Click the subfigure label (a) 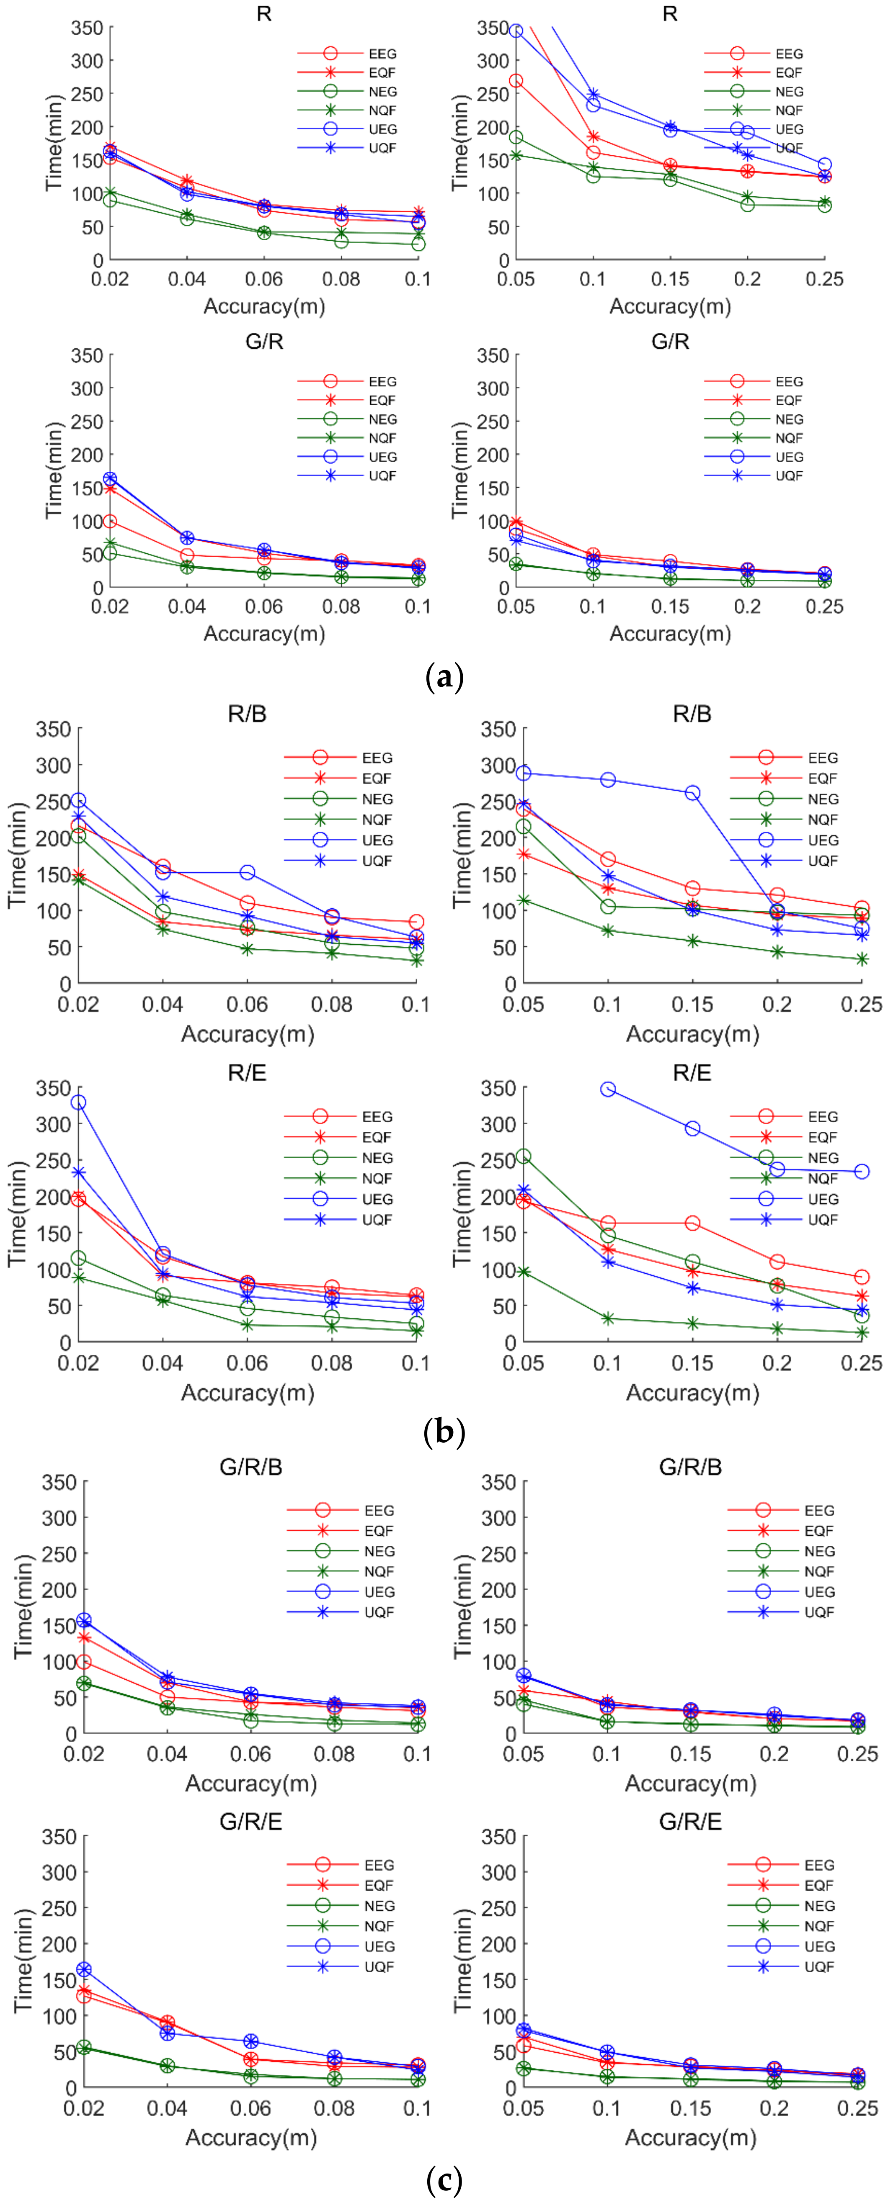point(444,678)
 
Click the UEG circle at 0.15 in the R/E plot point(692,1128)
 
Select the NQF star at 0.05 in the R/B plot point(523,900)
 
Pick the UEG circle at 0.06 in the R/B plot point(247,872)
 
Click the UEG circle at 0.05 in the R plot point(516,31)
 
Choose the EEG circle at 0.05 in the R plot point(516,80)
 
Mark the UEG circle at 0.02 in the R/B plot point(78,800)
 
